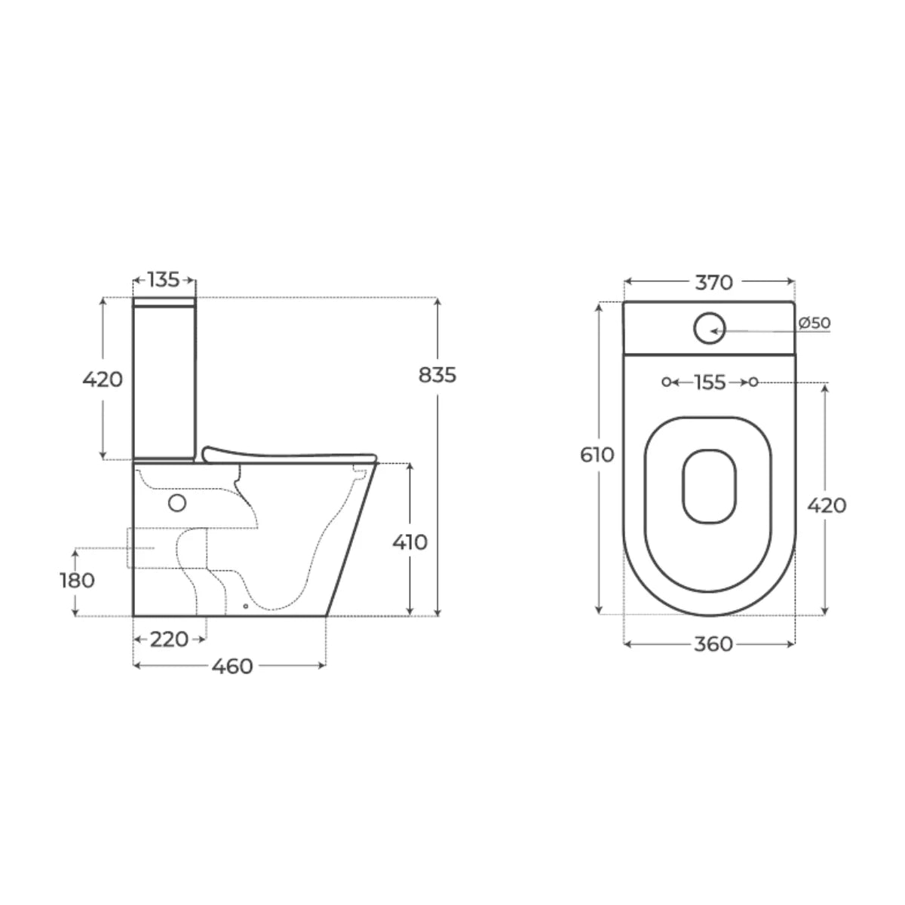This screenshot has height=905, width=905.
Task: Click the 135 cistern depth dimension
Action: pos(164,280)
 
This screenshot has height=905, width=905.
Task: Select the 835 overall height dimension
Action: pos(437,376)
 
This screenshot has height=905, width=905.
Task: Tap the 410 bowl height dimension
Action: pos(410,542)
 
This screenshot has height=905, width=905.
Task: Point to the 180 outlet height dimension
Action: pos(78,581)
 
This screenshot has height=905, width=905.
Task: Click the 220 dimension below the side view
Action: pos(169,640)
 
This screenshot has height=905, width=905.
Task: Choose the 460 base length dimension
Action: pos(232,667)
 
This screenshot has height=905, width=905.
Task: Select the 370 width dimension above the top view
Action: pos(713,282)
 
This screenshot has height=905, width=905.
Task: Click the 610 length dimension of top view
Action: pos(597,455)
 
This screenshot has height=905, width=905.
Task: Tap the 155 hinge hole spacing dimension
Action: pos(710,383)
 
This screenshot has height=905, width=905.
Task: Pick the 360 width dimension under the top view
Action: pos(713,644)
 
